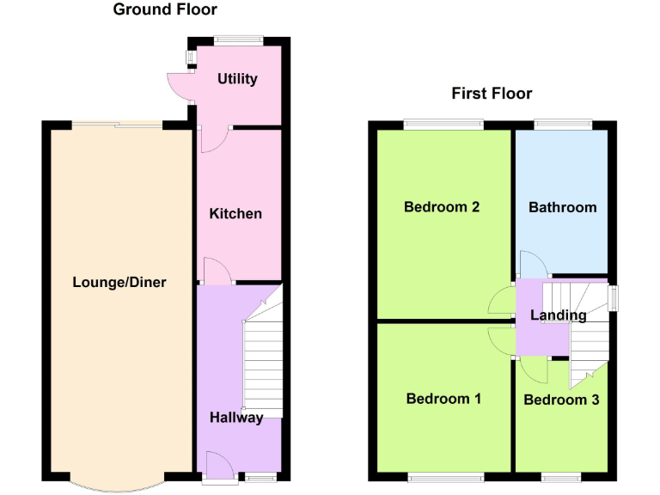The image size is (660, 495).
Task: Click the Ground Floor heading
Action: pos(165,10)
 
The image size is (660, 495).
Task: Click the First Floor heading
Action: pos(492,94)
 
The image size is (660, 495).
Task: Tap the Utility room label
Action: pos(237,79)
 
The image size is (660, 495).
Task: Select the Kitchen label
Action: pos(235,213)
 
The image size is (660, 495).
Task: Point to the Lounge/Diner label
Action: pos(119,282)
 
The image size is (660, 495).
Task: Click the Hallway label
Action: pos(236,418)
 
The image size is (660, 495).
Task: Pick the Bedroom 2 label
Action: pos(442,207)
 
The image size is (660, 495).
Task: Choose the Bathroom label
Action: pos(562,207)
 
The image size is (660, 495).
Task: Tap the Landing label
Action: pos(558,315)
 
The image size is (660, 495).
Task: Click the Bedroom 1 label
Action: pos(443,399)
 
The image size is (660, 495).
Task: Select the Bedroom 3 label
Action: pos(561,400)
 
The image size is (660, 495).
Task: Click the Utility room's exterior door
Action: pos(181,84)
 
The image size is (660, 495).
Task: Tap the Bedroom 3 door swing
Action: pos(535,370)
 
